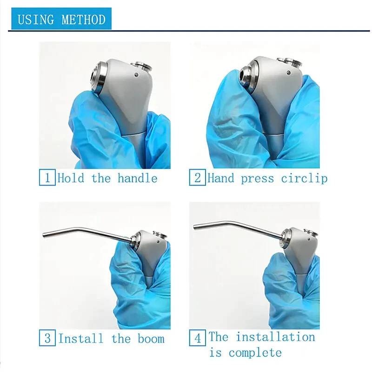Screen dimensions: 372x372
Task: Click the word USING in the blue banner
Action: pyautogui.click(x=36, y=19)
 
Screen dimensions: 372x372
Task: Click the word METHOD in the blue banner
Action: pyautogui.click(x=84, y=19)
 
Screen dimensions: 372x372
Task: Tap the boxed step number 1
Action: pyautogui.click(x=47, y=177)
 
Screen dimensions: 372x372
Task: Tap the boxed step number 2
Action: pyautogui.click(x=197, y=177)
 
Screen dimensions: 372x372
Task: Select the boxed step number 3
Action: pyautogui.click(x=47, y=338)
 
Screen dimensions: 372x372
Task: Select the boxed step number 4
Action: pyautogui.click(x=197, y=338)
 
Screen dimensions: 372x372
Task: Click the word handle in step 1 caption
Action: pyautogui.click(x=138, y=178)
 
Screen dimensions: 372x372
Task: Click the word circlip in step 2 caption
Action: pyautogui.click(x=305, y=179)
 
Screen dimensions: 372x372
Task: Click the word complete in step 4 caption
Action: pyautogui.click(x=255, y=353)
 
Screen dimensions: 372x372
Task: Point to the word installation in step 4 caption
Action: pyautogui.click(x=275, y=337)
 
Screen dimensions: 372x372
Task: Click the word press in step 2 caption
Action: pyautogui.click(x=258, y=179)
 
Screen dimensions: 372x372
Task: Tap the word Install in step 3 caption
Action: pyautogui.click(x=81, y=338)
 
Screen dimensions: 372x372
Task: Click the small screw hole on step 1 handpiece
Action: pyautogui.click(x=136, y=75)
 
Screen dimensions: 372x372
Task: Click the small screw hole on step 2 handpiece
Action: pyautogui.click(x=288, y=73)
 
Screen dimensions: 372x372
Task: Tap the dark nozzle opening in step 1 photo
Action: pyautogui.click(x=93, y=78)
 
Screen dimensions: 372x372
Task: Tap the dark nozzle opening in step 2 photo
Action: pyautogui.click(x=242, y=76)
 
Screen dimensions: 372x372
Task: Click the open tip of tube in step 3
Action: pyautogui.click(x=44, y=236)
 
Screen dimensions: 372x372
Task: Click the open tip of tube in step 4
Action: pyautogui.click(x=195, y=226)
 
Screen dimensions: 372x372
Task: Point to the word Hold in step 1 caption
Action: pyautogui.click(x=71, y=178)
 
